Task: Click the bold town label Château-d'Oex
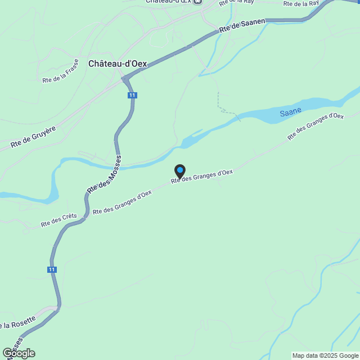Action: [118, 64]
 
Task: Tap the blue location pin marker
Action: [180, 170]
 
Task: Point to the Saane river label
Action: [291, 112]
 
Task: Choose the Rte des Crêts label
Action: [58, 220]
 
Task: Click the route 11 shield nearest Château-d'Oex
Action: [131, 96]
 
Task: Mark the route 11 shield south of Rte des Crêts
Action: [52, 270]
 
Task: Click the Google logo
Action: [18, 353]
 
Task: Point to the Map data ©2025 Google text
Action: [325, 355]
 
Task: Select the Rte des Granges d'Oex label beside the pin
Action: [202, 176]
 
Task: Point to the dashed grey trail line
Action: [222, 104]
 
